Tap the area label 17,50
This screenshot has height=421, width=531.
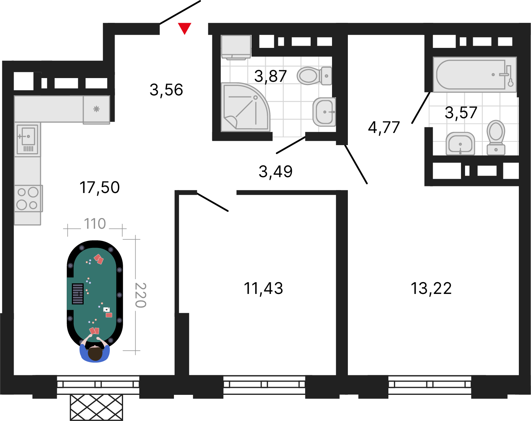coord(100,187)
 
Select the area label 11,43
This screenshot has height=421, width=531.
coord(263,288)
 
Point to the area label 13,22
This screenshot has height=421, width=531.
coord(431,288)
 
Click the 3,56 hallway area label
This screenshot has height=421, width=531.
coord(166,90)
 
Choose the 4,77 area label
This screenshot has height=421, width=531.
coord(384,127)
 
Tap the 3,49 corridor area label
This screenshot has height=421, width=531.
coord(276,171)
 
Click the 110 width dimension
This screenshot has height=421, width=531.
coord(95,224)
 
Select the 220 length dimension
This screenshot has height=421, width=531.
coord(141,295)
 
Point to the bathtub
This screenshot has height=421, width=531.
coord(475,74)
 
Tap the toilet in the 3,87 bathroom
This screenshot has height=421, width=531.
coord(314,76)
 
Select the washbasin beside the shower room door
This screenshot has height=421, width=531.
coord(324,112)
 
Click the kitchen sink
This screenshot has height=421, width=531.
coord(27,139)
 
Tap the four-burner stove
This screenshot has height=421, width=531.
coord(28,199)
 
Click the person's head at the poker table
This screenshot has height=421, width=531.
coord(95,354)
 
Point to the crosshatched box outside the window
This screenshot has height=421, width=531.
coord(97,408)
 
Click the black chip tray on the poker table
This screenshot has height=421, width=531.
coord(77,294)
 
